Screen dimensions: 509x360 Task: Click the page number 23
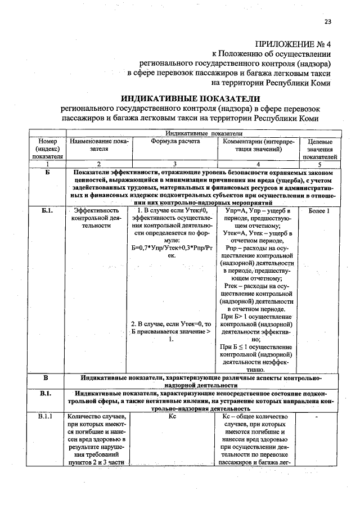tap(327, 22)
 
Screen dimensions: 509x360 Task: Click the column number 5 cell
tap(320, 164)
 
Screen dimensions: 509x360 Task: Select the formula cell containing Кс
tap(172, 417)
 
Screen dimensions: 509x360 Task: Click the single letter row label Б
tap(48, 171)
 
